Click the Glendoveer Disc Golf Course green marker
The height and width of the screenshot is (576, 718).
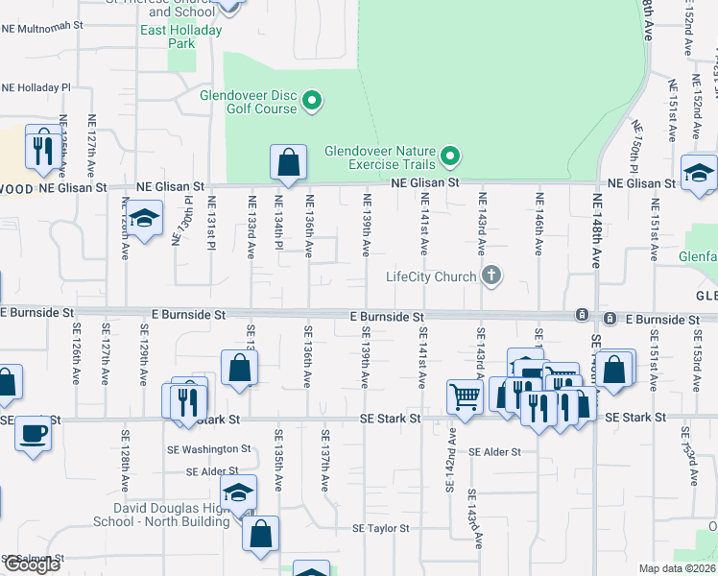point(311,100)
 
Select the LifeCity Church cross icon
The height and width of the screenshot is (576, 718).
point(491,276)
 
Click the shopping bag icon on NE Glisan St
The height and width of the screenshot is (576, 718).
point(288,164)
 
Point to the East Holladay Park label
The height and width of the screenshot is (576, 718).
point(180,36)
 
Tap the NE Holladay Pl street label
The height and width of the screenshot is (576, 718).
point(36,86)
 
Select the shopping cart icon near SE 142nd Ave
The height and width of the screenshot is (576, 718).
point(465,396)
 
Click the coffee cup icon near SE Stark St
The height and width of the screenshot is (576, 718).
point(33,433)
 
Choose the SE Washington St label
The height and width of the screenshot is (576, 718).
point(206,448)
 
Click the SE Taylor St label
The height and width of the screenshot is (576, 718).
point(380,528)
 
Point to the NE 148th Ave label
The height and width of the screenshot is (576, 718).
point(597,230)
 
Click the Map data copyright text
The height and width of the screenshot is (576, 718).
point(677,568)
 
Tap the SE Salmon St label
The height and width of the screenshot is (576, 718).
point(33,557)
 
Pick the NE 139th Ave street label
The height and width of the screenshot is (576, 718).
point(366,225)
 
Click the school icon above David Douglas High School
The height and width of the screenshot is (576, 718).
point(238,493)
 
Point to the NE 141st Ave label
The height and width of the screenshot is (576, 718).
point(423,225)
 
